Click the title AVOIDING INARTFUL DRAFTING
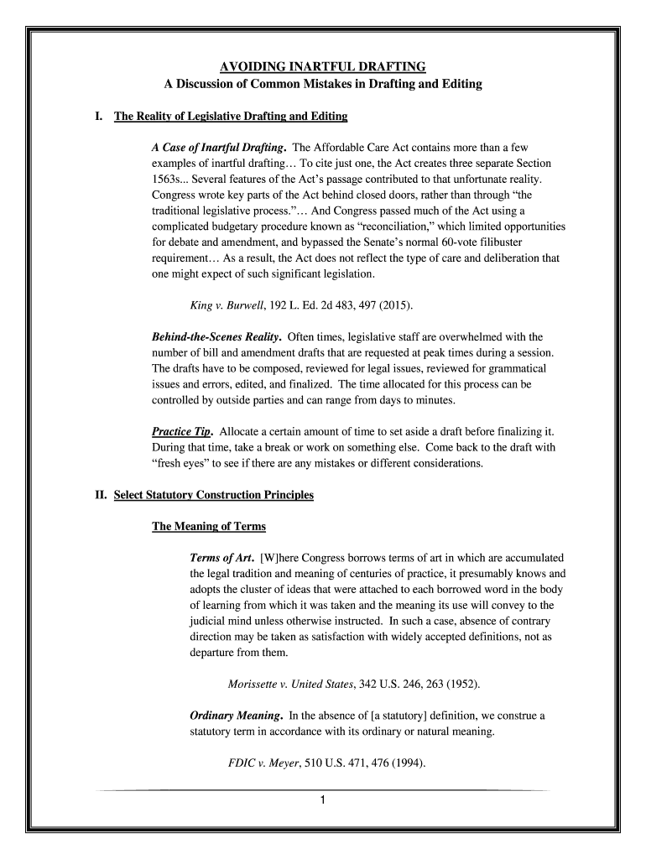(x=323, y=66)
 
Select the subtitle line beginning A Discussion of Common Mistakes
(x=323, y=85)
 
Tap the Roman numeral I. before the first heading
(x=100, y=116)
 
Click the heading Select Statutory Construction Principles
(x=213, y=495)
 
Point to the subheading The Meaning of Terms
(x=208, y=527)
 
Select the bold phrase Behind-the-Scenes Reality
(x=216, y=337)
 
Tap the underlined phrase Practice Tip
(x=181, y=432)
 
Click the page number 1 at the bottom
(x=323, y=799)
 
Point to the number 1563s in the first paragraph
(x=168, y=180)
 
